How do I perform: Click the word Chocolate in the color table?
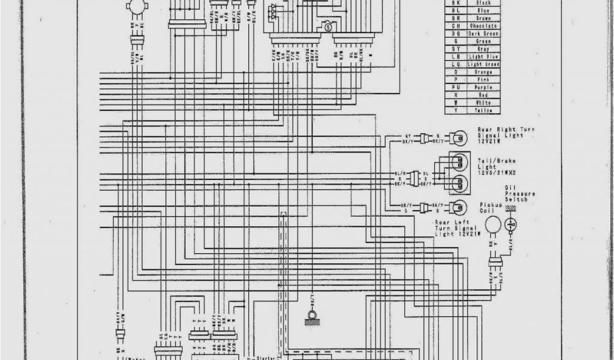click(x=482, y=26)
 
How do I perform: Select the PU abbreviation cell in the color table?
click(x=456, y=88)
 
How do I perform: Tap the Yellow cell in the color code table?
click(x=482, y=110)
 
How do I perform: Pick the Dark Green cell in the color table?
click(x=482, y=34)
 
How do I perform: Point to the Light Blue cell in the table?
click(x=482, y=57)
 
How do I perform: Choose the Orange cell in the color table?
click(x=482, y=72)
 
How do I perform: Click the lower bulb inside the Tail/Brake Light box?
click(x=459, y=182)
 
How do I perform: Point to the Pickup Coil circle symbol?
click(x=493, y=226)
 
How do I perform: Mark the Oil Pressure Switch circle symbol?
click(x=511, y=225)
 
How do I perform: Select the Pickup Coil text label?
click(x=490, y=208)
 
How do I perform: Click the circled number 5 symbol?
click(x=328, y=27)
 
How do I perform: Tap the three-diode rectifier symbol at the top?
click(x=274, y=10)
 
